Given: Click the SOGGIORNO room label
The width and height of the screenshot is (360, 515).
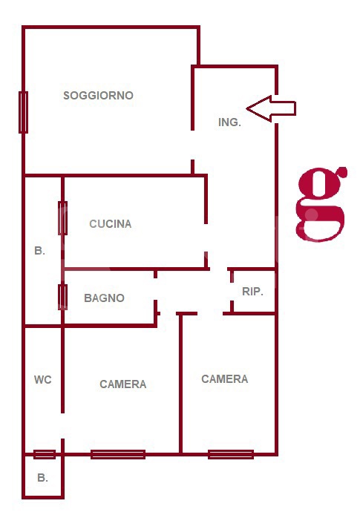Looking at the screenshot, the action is [98, 96].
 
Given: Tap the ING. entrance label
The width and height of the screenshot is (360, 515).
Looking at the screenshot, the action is [229, 122].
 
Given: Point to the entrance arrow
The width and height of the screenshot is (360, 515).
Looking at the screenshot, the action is [272, 108].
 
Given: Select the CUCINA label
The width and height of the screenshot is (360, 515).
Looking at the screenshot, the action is [111, 223].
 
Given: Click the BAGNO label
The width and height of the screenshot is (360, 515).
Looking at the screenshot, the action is [104, 298].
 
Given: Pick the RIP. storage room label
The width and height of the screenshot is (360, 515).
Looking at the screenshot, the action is [252, 292].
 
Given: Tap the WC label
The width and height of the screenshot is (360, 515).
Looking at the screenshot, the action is [43, 380].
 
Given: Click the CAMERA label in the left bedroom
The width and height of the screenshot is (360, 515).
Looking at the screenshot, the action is [123, 384].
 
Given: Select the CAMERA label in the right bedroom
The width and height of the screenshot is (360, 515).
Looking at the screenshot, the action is [225, 378].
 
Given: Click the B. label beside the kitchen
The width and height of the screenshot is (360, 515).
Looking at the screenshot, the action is [39, 251].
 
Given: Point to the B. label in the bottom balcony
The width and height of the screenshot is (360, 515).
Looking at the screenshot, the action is [42, 478].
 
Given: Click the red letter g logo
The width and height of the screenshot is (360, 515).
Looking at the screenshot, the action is [321, 204].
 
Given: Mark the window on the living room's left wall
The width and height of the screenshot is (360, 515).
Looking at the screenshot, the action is [23, 112].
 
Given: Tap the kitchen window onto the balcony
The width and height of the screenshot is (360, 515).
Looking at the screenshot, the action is [63, 218].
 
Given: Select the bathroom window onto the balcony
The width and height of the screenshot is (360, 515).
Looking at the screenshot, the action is [63, 298].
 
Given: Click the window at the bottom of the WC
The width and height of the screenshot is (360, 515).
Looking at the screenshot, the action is [45, 454].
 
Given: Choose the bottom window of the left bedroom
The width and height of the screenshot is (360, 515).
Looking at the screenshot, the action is [118, 454].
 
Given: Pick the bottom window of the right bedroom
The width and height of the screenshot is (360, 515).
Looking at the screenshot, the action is [231, 454].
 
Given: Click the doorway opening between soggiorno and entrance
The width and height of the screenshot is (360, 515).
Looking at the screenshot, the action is [192, 145].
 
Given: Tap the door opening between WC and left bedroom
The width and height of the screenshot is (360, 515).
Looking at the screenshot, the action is [63, 426].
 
